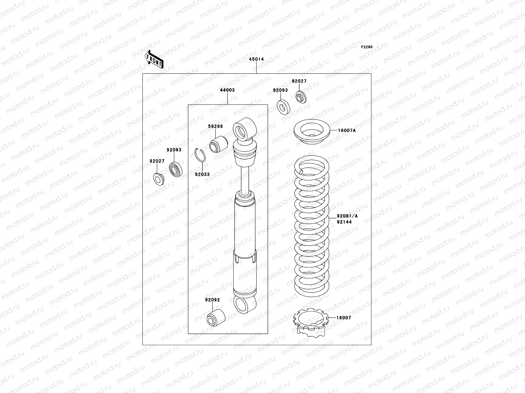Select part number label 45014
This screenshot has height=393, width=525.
click(x=256, y=59)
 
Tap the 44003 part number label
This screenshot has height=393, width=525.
click(x=227, y=90)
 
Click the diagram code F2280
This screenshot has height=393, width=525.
click(x=367, y=47)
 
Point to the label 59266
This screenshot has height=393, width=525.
click(x=215, y=126)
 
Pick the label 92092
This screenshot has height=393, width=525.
click(x=213, y=300)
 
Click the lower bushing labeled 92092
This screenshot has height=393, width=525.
click(x=216, y=317)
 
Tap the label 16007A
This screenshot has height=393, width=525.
click(x=347, y=130)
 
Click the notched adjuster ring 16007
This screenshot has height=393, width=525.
click(x=310, y=324)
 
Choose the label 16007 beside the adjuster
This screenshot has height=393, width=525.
click(x=344, y=318)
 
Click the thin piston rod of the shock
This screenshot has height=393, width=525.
click(x=245, y=180)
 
